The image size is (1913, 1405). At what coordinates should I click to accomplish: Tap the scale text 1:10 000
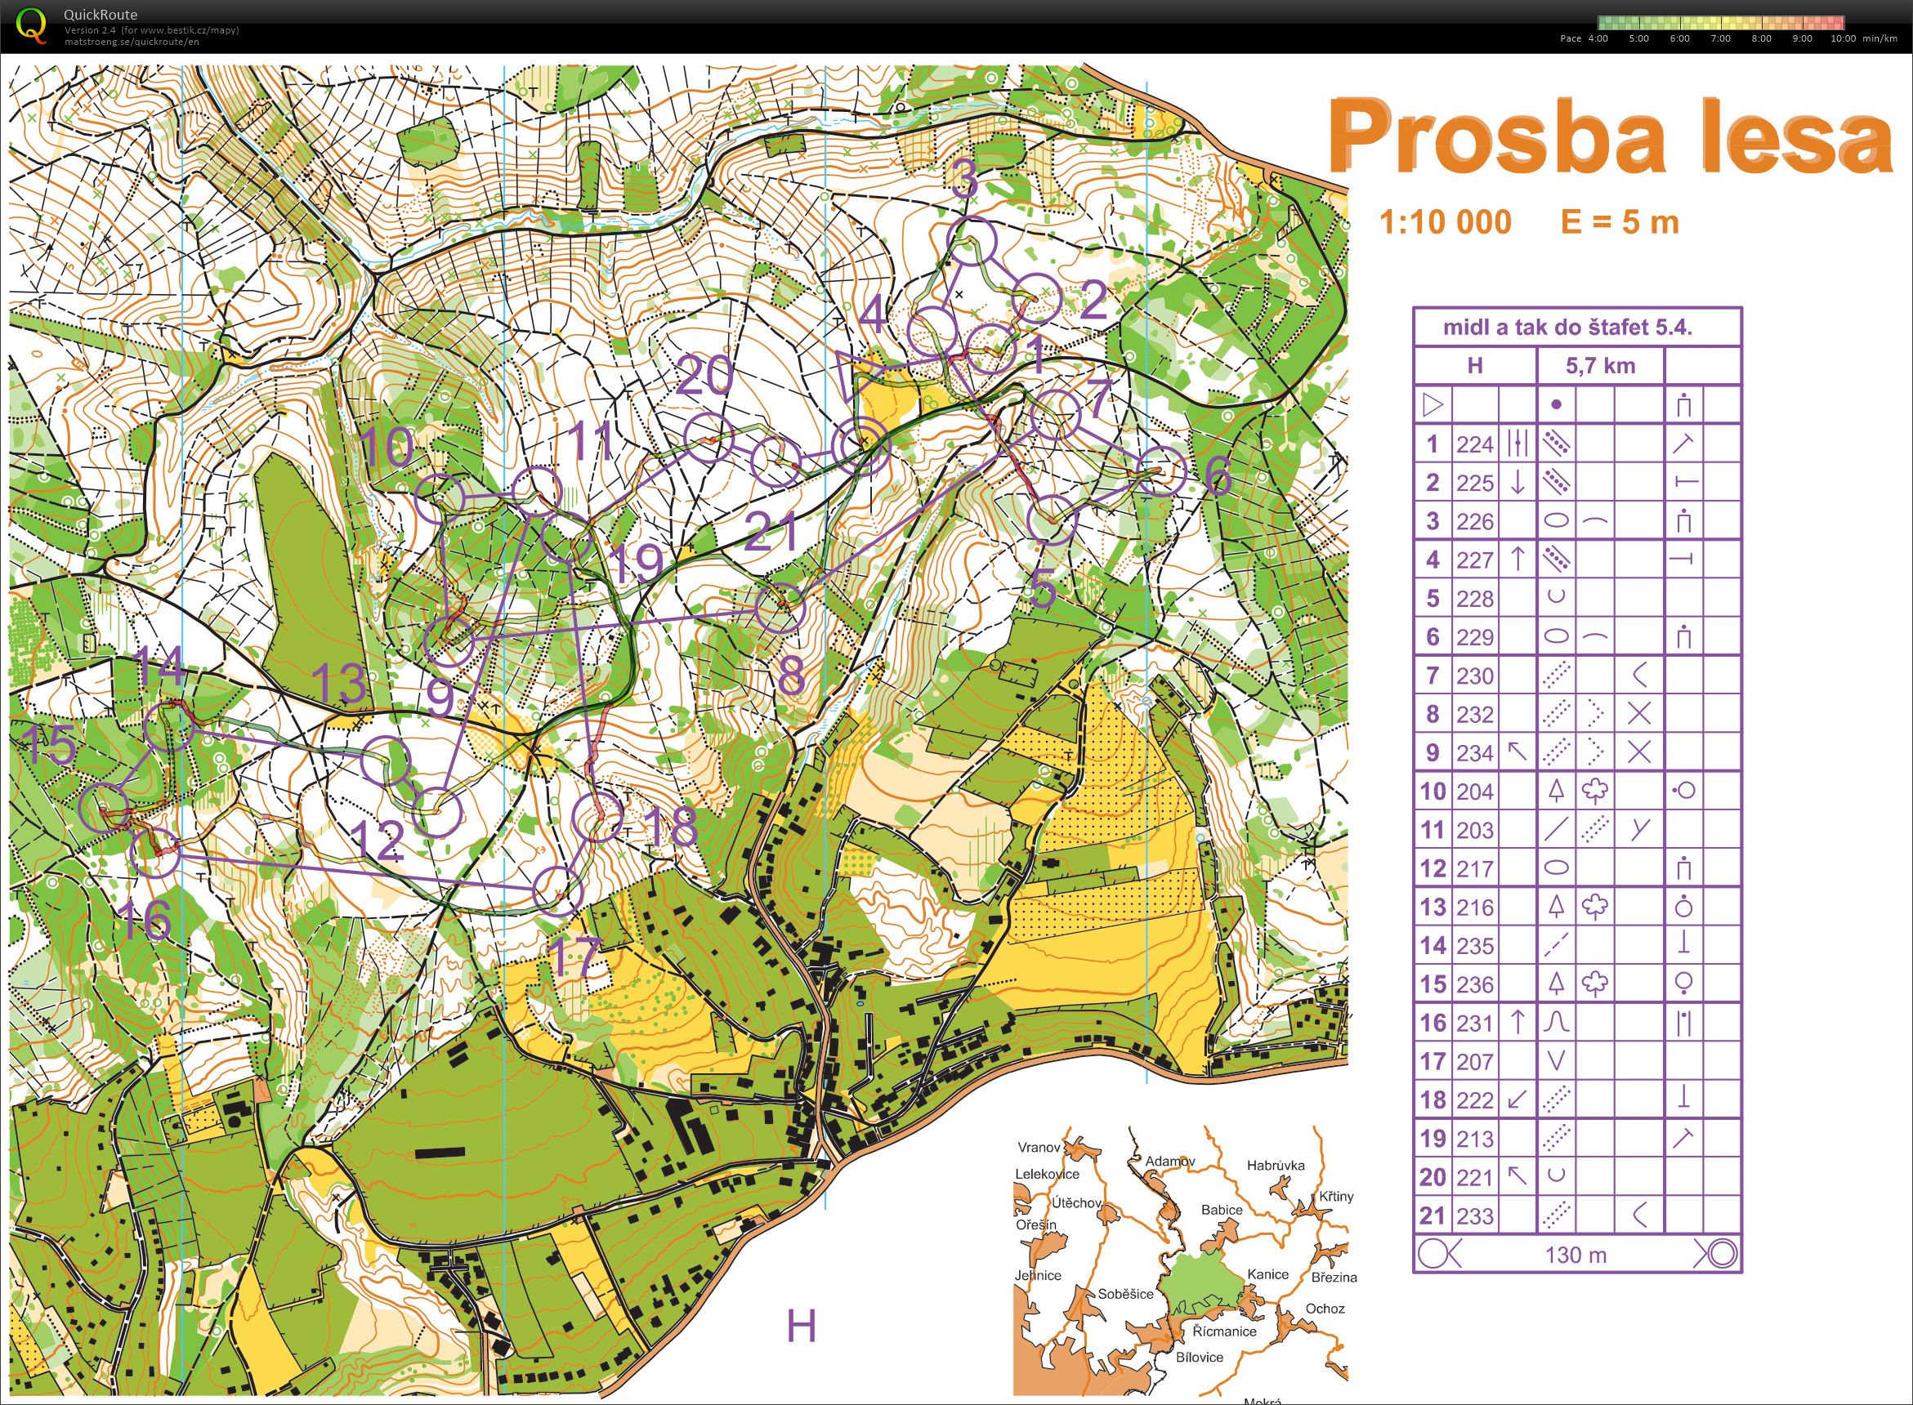tap(1444, 223)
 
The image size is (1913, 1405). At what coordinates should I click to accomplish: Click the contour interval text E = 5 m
tap(1620, 223)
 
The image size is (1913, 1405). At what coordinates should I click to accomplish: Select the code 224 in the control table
tap(1474, 444)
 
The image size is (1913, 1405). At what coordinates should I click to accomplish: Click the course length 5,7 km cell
tap(1600, 366)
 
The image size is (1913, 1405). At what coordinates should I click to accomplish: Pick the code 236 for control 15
tap(1474, 984)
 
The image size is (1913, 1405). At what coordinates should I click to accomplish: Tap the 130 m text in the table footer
tap(1576, 1255)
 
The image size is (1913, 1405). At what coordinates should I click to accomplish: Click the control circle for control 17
tap(558, 891)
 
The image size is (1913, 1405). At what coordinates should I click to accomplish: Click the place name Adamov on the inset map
tap(1169, 1161)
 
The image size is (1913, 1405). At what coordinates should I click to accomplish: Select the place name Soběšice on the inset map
tap(1125, 1295)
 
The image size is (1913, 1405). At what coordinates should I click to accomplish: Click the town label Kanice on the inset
tap(1267, 1274)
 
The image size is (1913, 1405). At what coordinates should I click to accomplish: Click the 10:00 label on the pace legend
tap(1843, 38)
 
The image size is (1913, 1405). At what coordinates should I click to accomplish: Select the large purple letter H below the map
tap(800, 1325)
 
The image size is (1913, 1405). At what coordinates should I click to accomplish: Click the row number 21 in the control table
tap(1432, 1215)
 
